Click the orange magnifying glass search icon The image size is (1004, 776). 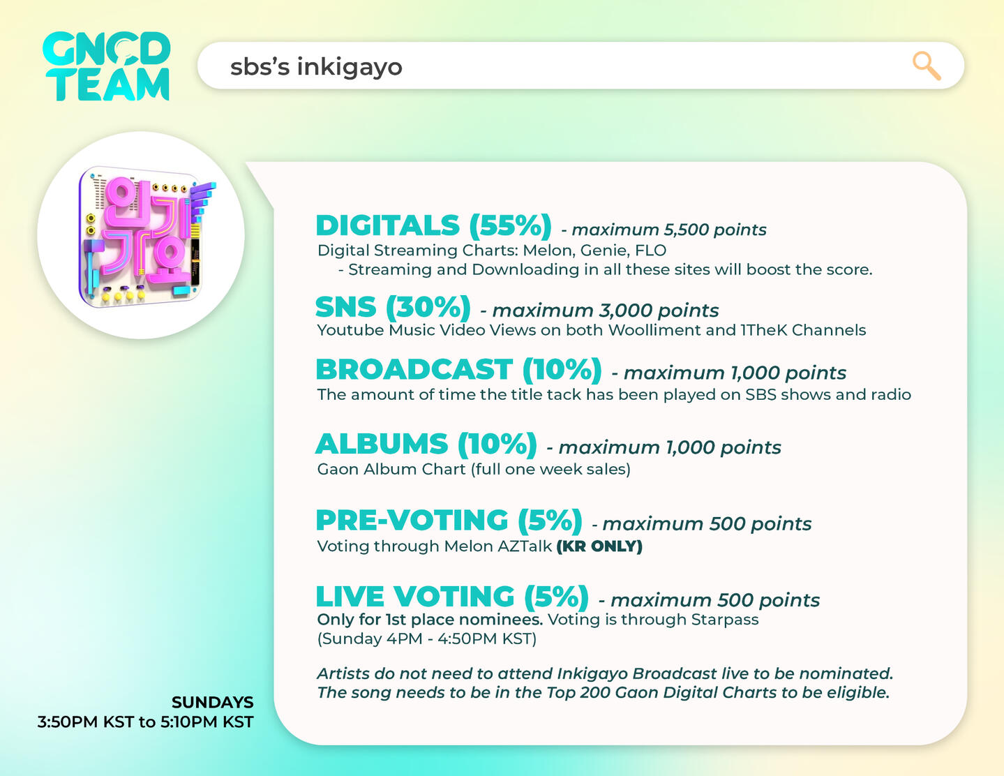[x=927, y=66]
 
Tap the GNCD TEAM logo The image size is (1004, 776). [x=106, y=66]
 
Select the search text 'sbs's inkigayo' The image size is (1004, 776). [x=316, y=66]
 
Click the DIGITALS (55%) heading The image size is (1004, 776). [x=433, y=226]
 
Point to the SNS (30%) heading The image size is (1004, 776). [x=394, y=307]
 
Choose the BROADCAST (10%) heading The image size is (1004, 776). [x=459, y=370]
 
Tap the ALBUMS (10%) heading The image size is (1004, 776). [x=426, y=445]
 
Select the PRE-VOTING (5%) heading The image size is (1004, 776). [x=449, y=521]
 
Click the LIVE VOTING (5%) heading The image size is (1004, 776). [x=452, y=597]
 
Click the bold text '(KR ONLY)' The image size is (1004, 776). [x=599, y=546]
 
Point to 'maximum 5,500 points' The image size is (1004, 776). [x=669, y=230]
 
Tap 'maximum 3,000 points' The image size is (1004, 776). [x=606, y=311]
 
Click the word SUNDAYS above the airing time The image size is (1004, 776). [x=213, y=703]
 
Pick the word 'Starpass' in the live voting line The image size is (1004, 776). [x=725, y=620]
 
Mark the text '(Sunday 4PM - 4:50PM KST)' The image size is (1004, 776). [x=427, y=639]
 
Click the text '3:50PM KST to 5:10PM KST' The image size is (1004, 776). [x=146, y=722]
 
